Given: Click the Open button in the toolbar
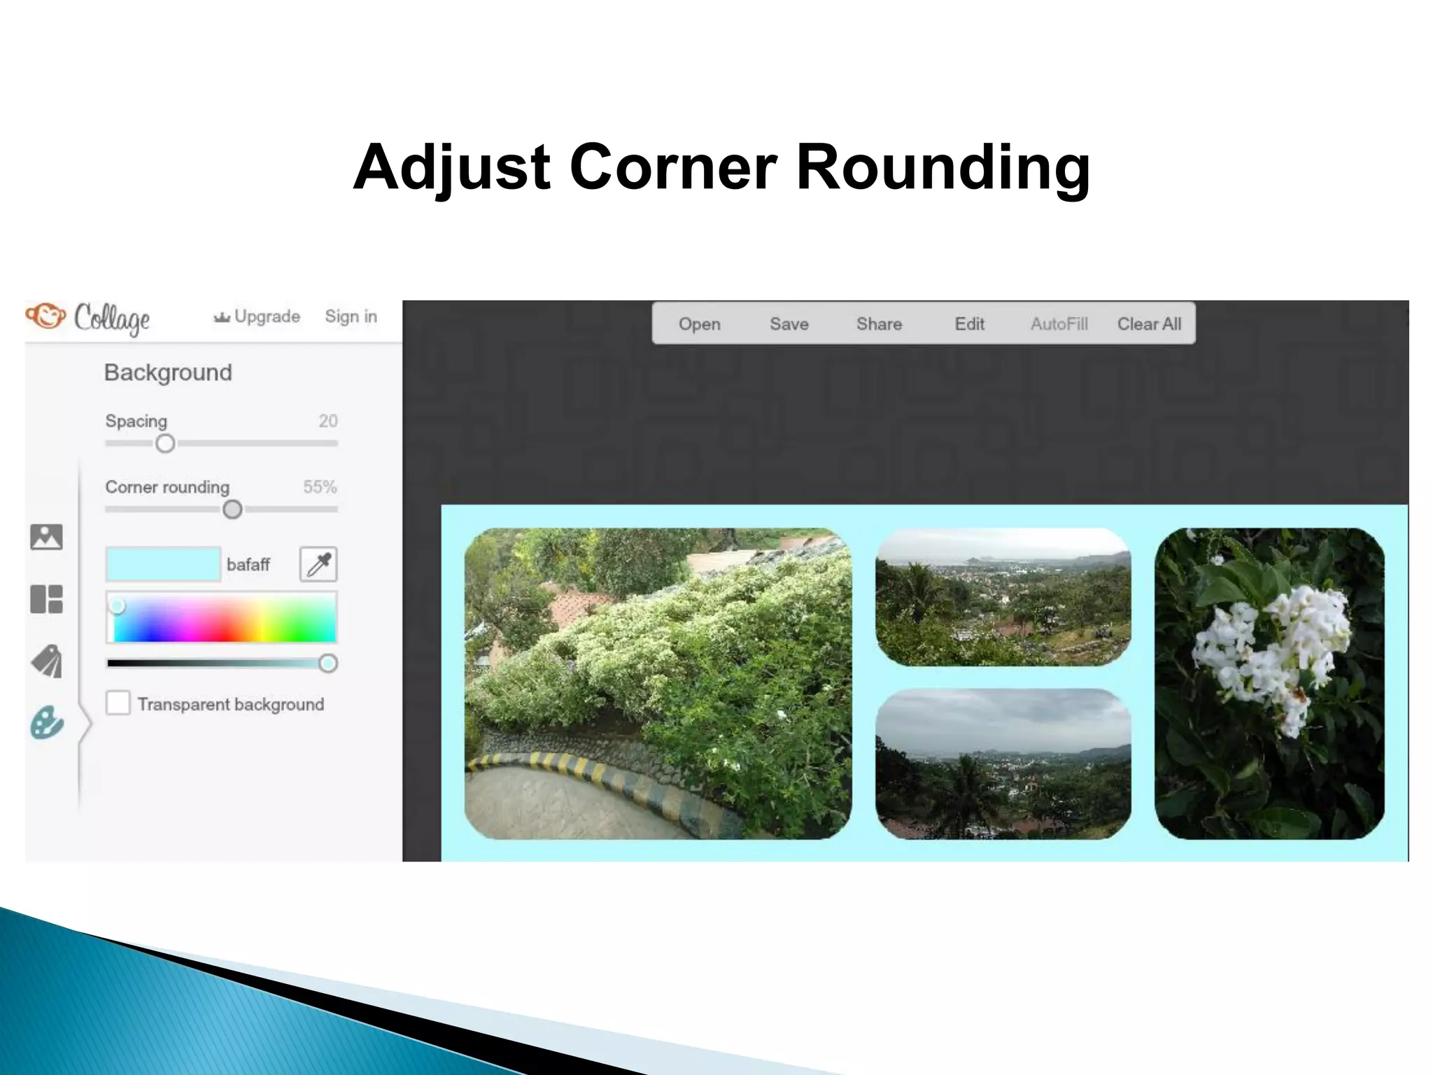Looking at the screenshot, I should click(x=699, y=324).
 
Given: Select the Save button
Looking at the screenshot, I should click(x=789, y=324).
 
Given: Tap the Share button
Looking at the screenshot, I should click(x=879, y=324).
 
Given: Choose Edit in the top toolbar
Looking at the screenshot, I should click(x=969, y=324).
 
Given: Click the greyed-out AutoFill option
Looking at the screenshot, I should click(x=1059, y=324).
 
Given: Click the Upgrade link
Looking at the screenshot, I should click(x=257, y=316).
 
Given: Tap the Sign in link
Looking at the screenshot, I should click(x=351, y=316).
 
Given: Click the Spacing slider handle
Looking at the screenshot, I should click(x=165, y=444).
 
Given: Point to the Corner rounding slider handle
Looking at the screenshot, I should click(x=232, y=510).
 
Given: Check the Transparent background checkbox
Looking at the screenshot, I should click(x=118, y=703).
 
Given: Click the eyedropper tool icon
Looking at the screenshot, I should click(x=318, y=564).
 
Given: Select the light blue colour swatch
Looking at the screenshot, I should click(x=163, y=564).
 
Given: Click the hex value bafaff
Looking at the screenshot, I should click(x=248, y=565).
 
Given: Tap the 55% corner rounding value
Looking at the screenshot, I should click(x=320, y=487).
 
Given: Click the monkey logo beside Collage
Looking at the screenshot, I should click(x=46, y=316).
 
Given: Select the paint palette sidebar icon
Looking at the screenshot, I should click(x=47, y=722).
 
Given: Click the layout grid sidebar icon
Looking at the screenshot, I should click(x=47, y=599).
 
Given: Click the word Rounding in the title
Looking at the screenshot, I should click(x=943, y=167).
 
